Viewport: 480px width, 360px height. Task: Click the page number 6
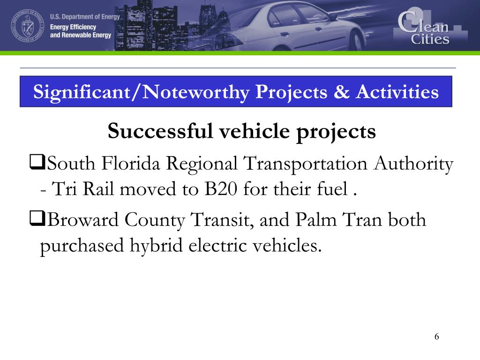click(437, 336)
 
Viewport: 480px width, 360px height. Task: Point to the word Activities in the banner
click(397, 92)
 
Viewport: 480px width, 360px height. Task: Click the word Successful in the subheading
click(158, 132)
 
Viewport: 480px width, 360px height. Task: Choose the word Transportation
click(305, 165)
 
